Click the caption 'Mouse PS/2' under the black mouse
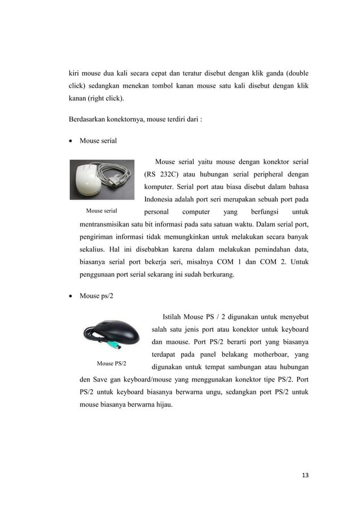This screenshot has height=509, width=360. point(111,362)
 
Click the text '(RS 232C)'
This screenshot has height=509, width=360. point(163,174)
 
